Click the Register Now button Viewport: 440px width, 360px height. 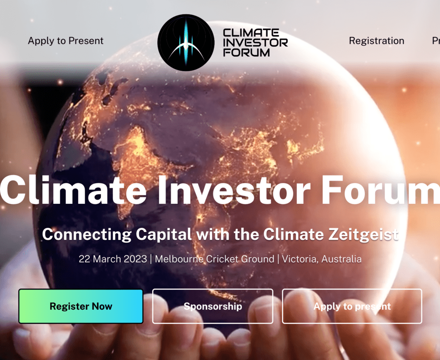pyautogui.click(x=81, y=306)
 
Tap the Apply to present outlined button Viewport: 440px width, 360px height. pyautogui.click(x=352, y=306)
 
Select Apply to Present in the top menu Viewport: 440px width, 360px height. pyautogui.click(x=66, y=41)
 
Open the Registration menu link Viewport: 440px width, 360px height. pyautogui.click(x=376, y=41)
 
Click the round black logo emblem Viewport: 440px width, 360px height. pyautogui.click(x=186, y=42)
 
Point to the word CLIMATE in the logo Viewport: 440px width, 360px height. pyautogui.click(x=251, y=33)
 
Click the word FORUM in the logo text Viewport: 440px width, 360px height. pyautogui.click(x=247, y=52)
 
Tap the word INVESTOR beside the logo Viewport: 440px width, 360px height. pyautogui.click(x=255, y=43)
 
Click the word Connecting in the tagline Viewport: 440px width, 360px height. pyautogui.click(x=87, y=235)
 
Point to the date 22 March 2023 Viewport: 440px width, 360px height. pyautogui.click(x=113, y=259)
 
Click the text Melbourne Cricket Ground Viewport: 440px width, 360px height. pyautogui.click(x=214, y=259)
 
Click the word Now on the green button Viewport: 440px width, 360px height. pyautogui.click(x=102, y=306)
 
